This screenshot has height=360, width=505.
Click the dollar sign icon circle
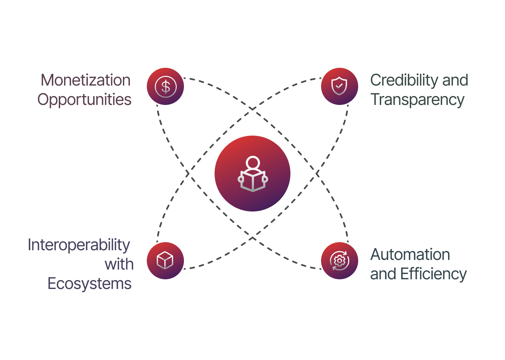tap(165, 86)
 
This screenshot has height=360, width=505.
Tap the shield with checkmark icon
tap(339, 86)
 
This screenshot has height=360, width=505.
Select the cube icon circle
tap(165, 261)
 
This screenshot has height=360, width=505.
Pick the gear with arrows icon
tap(339, 261)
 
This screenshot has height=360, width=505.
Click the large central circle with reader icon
tap(252, 174)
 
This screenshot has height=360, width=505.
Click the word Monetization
tap(86, 80)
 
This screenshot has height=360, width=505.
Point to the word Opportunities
tap(85, 100)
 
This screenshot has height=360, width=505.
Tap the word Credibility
tap(405, 80)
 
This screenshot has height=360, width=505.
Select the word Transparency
tap(417, 100)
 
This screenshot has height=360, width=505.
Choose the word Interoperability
tap(79, 245)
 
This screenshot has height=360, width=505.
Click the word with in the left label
tap(119, 264)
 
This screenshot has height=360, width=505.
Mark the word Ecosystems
tap(90, 284)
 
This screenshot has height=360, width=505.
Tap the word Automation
tap(410, 255)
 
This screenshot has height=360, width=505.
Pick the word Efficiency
tap(433, 274)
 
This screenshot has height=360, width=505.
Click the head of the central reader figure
tap(252, 163)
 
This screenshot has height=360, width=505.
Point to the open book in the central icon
tap(252, 181)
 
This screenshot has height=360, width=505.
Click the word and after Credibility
tap(455, 80)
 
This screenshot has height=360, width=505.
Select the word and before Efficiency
tap(383, 274)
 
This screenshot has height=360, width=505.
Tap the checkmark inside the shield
tap(339, 86)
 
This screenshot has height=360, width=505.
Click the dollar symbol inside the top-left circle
tap(165, 86)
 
